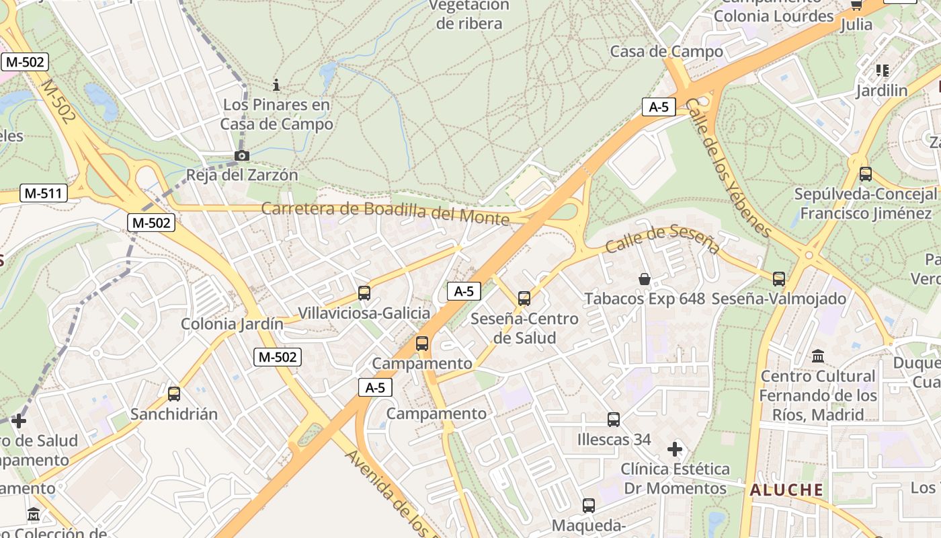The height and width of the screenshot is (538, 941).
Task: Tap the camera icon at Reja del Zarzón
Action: click(241, 156)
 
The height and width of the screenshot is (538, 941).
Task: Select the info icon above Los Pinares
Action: click(276, 85)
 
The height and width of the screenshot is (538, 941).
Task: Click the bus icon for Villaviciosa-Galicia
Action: click(364, 293)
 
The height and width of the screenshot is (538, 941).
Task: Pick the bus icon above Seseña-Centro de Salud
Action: click(524, 299)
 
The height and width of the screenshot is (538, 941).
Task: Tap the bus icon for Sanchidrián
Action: click(174, 394)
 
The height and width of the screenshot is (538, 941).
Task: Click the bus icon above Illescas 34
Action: click(613, 420)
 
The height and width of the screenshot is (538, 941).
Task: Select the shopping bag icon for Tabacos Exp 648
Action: click(644, 278)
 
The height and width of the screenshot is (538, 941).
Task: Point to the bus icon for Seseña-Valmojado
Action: click(778, 278)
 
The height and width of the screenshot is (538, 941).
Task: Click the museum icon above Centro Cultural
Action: click(818, 356)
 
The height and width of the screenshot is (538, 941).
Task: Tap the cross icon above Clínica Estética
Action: click(675, 449)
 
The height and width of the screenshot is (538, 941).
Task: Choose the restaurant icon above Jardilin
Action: click(882, 71)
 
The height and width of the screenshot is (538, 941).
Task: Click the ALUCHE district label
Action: click(786, 490)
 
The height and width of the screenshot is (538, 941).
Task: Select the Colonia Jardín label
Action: click(232, 324)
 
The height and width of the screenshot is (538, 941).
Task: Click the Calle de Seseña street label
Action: click(662, 239)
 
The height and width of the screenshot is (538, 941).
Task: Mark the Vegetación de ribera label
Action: click(469, 14)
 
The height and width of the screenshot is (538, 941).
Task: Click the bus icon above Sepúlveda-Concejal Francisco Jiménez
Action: click(865, 174)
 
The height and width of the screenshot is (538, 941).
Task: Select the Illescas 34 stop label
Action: click(614, 440)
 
